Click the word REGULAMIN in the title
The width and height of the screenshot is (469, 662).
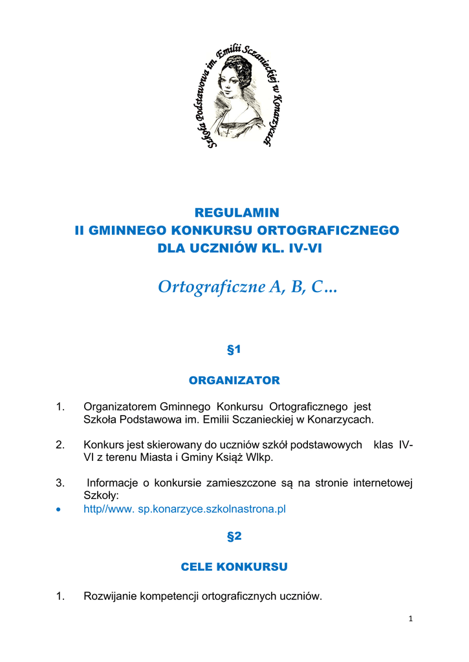[237, 213]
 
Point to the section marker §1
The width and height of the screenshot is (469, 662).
[234, 350]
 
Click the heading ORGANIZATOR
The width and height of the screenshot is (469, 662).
[234, 380]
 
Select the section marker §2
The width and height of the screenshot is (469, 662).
[234, 536]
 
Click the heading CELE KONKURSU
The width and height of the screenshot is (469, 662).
[234, 566]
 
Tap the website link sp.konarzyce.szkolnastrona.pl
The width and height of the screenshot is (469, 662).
[212, 509]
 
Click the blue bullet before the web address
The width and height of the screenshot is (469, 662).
[59, 509]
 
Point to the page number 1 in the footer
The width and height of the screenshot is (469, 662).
[410, 619]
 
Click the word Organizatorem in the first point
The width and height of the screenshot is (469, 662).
[120, 407]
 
